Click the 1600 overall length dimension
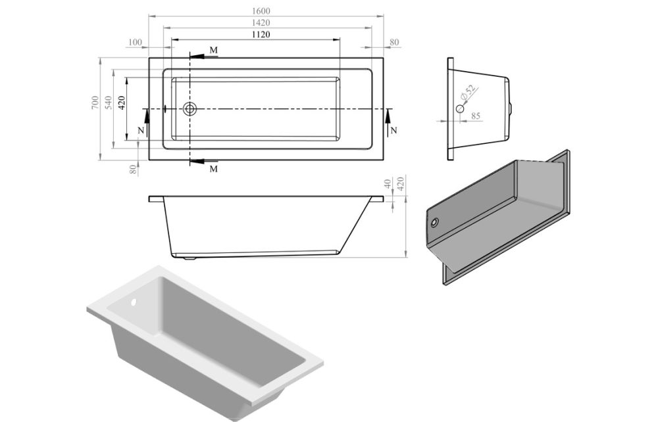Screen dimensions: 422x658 [x=261, y=11]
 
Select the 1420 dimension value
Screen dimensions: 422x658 [x=261, y=23]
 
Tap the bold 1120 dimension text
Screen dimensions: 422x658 [x=261, y=34]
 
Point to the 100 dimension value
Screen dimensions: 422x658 [x=135, y=43]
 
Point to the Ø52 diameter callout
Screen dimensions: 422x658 [x=468, y=93]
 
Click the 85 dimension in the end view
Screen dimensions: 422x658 [x=476, y=116]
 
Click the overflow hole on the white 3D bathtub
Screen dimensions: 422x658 [x=134, y=304]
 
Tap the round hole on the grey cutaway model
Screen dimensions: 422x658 [x=433, y=222]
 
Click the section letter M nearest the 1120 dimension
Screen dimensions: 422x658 [x=213, y=50]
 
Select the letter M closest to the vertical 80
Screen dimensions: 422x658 [x=213, y=169]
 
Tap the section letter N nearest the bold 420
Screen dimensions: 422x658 [x=140, y=130]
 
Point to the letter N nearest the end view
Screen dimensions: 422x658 [x=393, y=130]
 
